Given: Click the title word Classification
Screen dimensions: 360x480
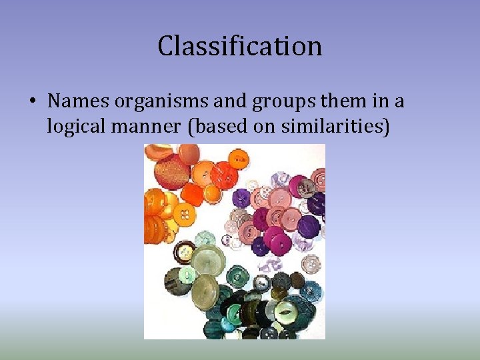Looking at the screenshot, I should pos(240,46).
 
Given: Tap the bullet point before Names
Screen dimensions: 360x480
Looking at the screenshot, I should pos(32,102).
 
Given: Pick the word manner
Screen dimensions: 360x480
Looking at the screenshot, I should pos(149,125).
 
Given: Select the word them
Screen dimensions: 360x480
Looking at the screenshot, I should pos(322,101).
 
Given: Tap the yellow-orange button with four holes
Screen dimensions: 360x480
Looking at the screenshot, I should pos(185,214).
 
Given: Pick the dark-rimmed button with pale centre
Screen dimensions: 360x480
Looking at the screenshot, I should pos(185,254).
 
